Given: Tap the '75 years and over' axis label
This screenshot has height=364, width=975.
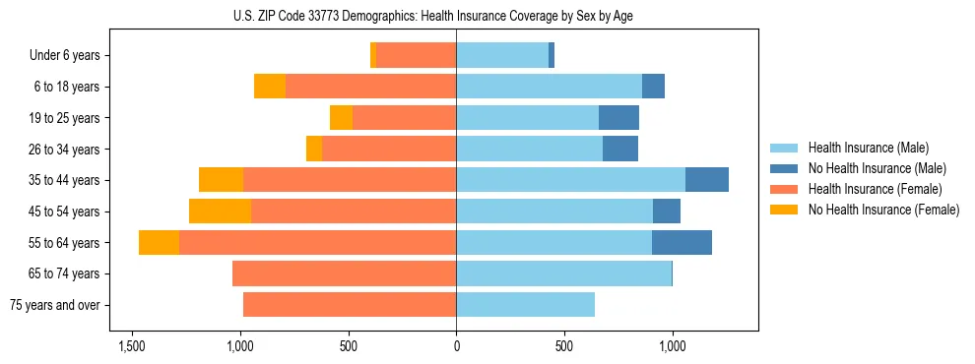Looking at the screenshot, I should point(54,305).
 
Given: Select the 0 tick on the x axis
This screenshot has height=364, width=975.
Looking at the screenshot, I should point(456,346).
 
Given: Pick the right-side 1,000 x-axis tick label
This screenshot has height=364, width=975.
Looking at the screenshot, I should point(672,346).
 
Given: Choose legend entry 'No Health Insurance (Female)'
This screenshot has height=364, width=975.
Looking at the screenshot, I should point(883,210).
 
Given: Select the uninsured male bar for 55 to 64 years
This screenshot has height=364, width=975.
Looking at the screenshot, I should point(682,242).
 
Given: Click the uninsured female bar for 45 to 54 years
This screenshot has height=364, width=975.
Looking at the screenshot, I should point(220,212).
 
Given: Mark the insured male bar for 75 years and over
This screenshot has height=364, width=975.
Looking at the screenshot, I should point(525,305).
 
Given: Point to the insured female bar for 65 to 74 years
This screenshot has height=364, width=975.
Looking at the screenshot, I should point(344,273).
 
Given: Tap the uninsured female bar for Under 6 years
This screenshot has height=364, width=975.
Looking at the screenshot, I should point(373,56).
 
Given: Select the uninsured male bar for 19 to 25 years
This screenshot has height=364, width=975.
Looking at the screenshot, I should point(618,118).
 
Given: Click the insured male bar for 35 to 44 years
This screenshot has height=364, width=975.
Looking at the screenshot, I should point(570,180).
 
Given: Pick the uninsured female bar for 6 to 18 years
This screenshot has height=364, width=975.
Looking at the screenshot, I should point(270,87).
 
